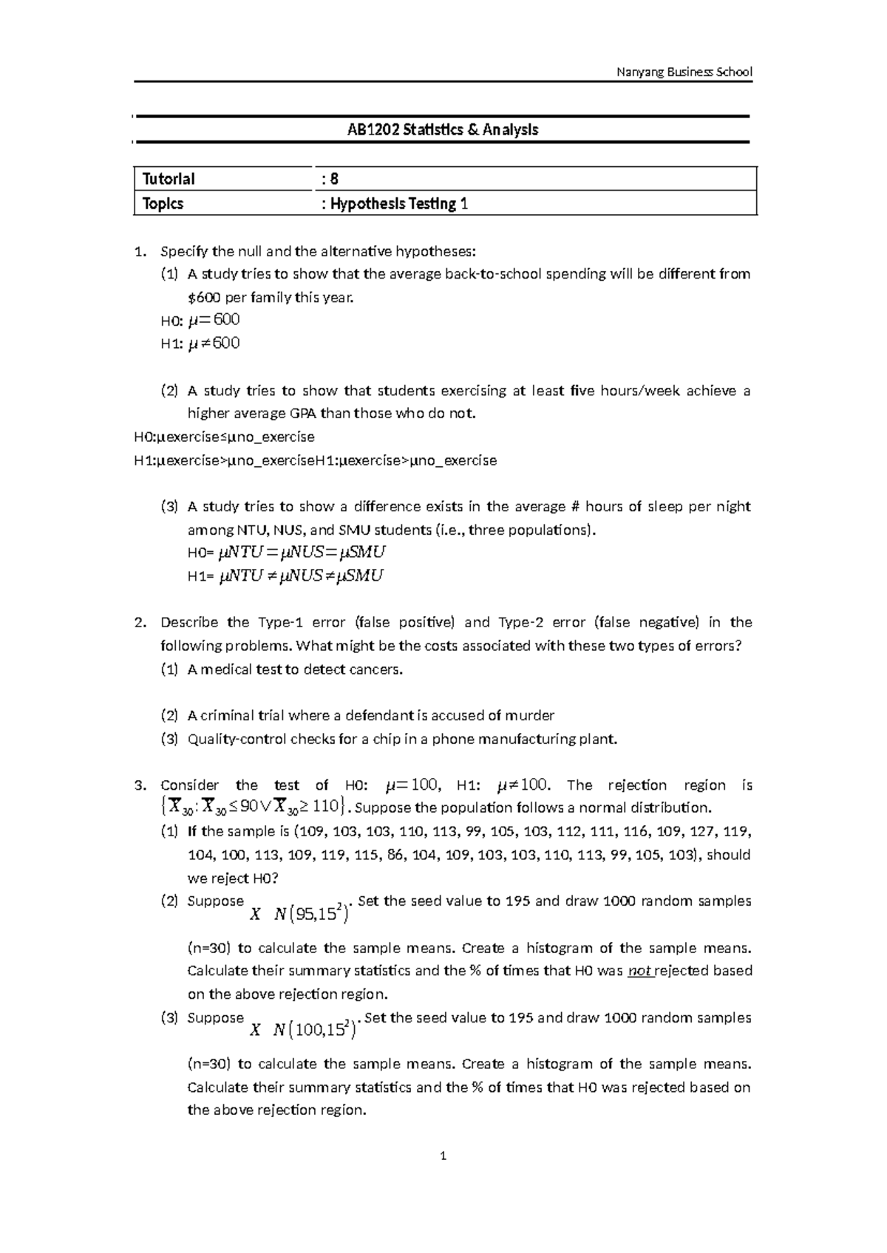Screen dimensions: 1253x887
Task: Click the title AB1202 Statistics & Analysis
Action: tap(443, 130)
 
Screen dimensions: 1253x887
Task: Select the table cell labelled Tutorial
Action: tap(169, 179)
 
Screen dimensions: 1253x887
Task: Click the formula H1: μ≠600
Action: tap(200, 344)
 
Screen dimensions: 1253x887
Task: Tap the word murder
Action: tap(530, 715)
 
